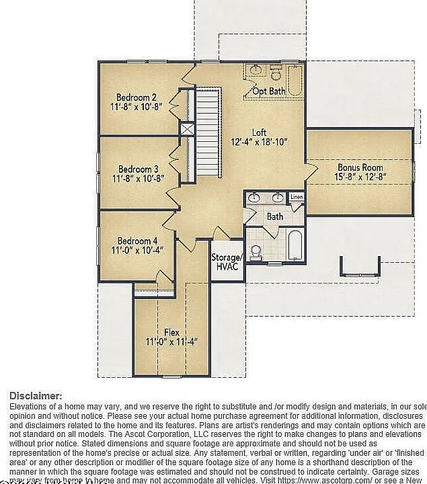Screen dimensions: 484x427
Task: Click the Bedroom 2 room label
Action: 137,97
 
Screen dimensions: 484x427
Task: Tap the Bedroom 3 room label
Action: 139,169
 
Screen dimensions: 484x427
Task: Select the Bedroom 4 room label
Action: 138,241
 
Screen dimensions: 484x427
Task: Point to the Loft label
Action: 259,132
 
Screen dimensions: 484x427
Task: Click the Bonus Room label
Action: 360,167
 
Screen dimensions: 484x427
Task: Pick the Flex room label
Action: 171,332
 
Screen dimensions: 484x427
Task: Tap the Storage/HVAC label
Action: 226,261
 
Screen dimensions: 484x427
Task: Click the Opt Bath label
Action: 269,91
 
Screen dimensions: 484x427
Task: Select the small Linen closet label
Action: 297,197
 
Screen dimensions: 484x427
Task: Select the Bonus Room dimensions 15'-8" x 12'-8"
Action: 360,177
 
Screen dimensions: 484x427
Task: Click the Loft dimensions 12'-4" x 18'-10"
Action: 259,143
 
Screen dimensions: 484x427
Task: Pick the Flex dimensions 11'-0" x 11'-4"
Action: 171,342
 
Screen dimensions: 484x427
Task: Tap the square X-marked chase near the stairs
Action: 187,129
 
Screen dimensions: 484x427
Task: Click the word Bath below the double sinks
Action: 275,216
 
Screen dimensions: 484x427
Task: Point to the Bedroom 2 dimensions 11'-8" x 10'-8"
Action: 137,107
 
